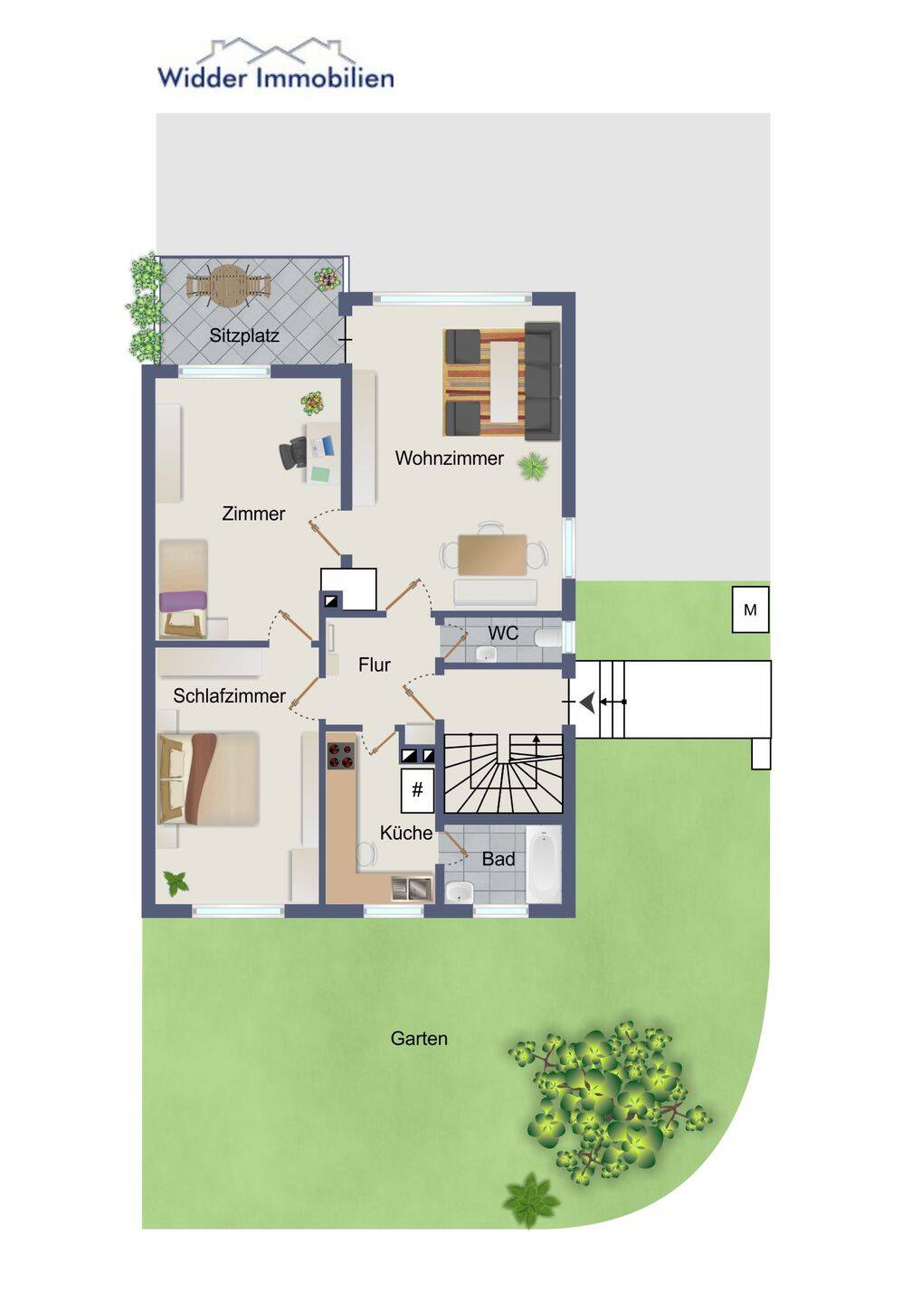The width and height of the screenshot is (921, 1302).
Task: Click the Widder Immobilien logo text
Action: pos(276,78)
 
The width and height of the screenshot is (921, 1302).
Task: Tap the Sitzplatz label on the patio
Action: pos(244,335)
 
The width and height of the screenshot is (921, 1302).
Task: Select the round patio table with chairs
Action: pos(229,285)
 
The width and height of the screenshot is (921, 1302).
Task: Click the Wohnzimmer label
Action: pos(449,458)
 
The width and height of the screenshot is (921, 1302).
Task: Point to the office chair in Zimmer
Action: pos(294,453)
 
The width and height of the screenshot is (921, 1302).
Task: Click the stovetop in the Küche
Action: pos(341,755)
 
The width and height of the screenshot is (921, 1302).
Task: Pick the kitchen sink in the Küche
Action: pos(412,888)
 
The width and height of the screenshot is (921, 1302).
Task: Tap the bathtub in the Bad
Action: pos(544,863)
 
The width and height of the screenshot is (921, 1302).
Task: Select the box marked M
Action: pos(750,609)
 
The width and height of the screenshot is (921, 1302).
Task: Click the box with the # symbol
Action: pos(417,789)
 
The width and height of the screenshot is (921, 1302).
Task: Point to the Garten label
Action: pos(419,1038)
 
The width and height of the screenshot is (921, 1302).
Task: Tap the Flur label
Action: pos(375,665)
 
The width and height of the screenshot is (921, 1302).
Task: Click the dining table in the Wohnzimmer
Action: pos(492,555)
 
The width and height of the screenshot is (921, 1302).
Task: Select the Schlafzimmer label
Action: pos(229,696)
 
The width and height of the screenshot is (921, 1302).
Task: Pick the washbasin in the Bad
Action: pos(459,890)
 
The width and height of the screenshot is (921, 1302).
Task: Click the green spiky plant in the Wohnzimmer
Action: pos(533,467)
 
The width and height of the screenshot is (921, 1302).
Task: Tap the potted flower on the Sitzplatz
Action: pos(328,278)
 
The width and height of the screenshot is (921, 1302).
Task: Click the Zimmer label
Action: pos(253,514)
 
